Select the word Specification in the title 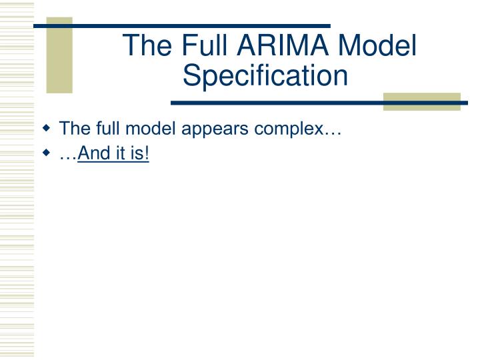[x=266, y=75]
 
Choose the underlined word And [x=92, y=154]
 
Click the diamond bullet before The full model [x=47, y=127]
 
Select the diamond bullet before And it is [x=47, y=153]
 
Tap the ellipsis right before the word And [x=69, y=156]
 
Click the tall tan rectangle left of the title [x=59, y=55]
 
